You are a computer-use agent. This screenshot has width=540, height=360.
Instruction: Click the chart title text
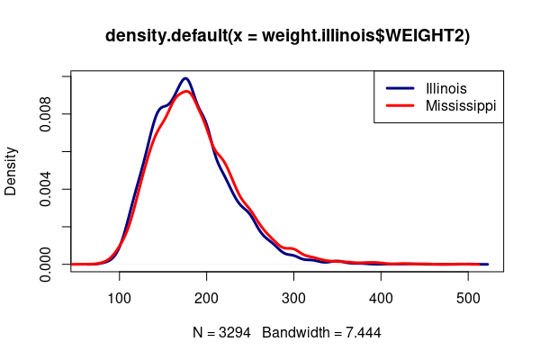click(287, 36)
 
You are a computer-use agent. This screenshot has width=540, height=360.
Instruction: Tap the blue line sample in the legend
click(400, 88)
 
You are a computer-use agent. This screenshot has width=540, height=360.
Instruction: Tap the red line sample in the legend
click(400, 106)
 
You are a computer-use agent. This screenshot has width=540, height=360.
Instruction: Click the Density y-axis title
click(12, 171)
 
